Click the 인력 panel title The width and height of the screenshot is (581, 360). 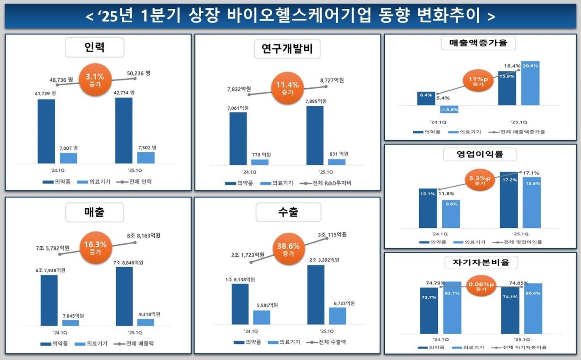[94, 47]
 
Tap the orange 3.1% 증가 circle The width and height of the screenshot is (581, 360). [95, 80]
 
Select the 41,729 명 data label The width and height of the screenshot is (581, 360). [45, 94]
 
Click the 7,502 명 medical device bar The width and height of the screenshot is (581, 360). [146, 158]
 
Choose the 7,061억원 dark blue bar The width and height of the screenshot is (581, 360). [238, 138]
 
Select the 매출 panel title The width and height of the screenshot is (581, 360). [94, 212]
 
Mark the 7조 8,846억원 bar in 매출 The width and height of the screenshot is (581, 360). [124, 296]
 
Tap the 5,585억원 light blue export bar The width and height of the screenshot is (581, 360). [261, 317]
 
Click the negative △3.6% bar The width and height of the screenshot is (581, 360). [449, 109]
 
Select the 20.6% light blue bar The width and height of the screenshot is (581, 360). [530, 83]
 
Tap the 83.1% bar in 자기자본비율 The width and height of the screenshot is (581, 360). [452, 307]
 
